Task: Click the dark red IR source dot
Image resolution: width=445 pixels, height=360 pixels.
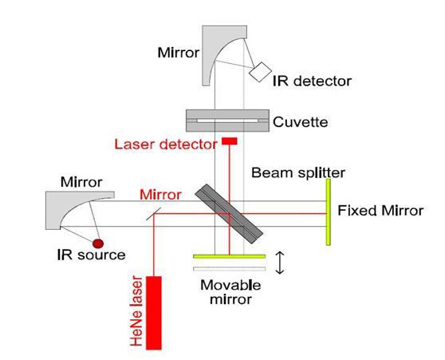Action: [x=98, y=243]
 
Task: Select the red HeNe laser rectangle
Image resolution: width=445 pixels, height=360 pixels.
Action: [x=154, y=313]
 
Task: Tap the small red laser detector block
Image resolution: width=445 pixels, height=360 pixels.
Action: [x=230, y=141]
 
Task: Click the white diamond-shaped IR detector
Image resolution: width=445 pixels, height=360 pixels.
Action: [x=260, y=72]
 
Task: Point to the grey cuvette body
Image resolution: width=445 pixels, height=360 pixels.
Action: [x=227, y=121]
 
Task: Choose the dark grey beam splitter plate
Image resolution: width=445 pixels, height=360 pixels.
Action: [x=229, y=214]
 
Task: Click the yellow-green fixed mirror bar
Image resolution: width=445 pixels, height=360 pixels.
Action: [x=328, y=212]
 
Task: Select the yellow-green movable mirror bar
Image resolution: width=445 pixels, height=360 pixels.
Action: [x=230, y=256]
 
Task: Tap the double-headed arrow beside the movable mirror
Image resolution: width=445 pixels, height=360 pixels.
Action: [x=280, y=263]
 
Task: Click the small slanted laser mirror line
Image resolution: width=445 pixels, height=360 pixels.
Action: [x=154, y=214]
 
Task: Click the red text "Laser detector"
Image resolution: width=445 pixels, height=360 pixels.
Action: [x=166, y=144]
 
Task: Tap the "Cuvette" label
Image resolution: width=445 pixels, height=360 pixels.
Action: [x=301, y=122]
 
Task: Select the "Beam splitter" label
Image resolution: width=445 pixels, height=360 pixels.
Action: [x=298, y=172]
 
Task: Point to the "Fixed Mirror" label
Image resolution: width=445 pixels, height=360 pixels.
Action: [x=380, y=211]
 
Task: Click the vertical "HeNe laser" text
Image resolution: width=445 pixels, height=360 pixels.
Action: [x=136, y=311]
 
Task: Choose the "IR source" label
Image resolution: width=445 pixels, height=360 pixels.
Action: [x=91, y=255]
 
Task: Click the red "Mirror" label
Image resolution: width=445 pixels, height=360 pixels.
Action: [x=160, y=195]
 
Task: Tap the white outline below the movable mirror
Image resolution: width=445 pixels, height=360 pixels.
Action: [x=230, y=269]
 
